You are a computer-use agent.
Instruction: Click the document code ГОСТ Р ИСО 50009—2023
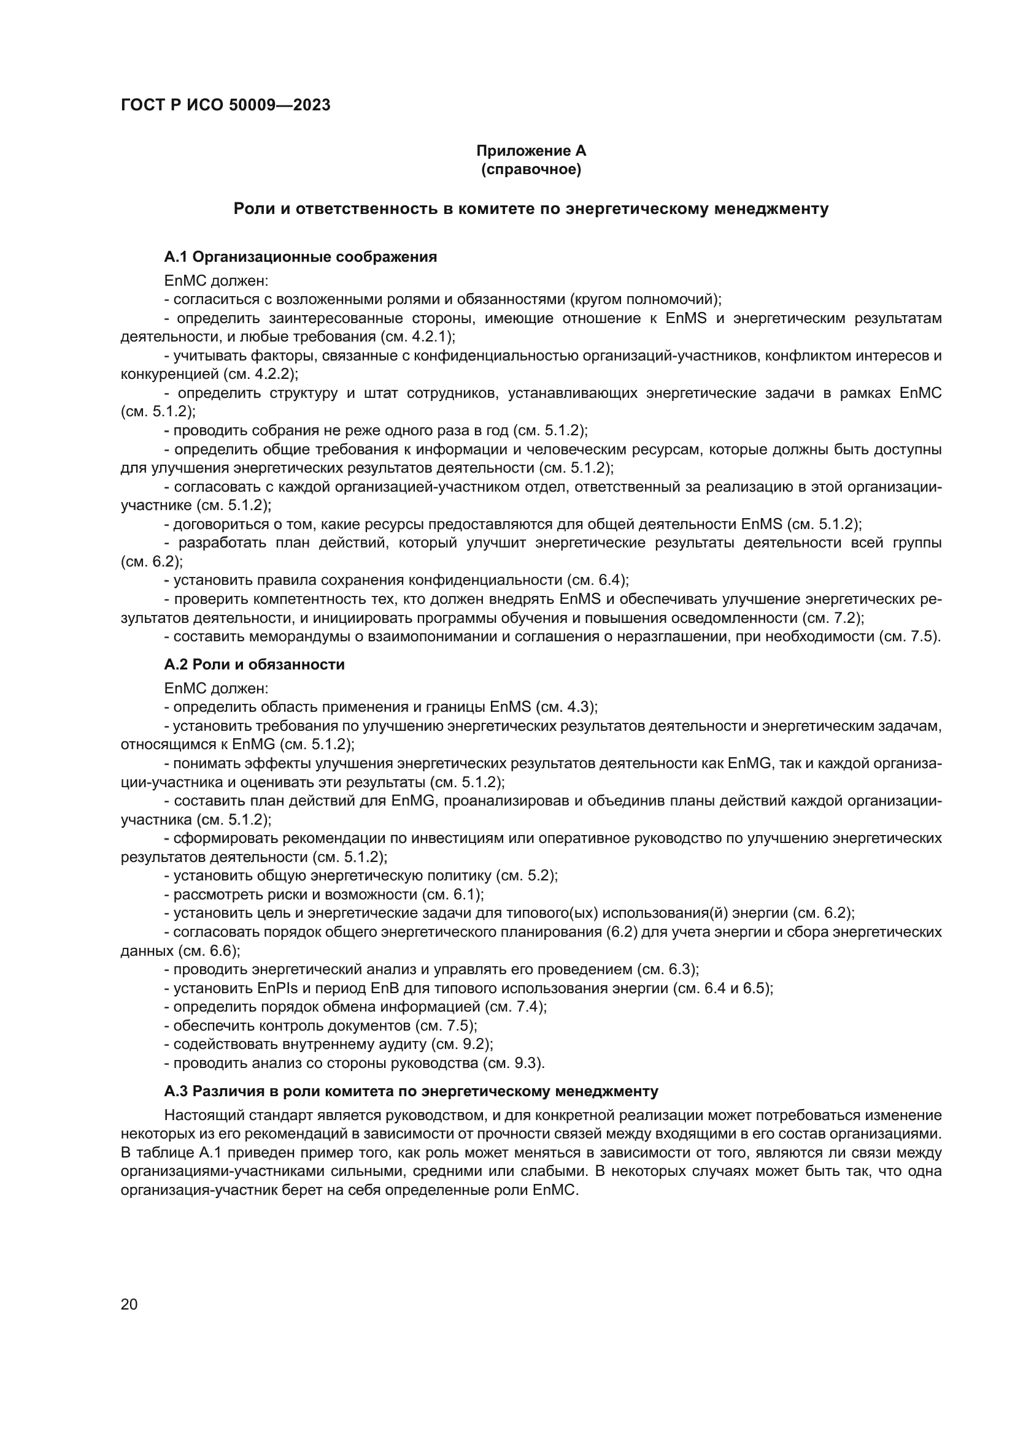pos(226,105)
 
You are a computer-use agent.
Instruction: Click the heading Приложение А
pos(531,151)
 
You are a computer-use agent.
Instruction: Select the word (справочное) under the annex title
pos(531,169)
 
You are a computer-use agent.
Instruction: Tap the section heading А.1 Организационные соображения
pos(300,257)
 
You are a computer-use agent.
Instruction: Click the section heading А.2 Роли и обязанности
pos(255,665)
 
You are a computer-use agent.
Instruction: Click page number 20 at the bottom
pos(129,1304)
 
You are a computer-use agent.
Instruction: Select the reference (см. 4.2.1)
pos(417,337)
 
